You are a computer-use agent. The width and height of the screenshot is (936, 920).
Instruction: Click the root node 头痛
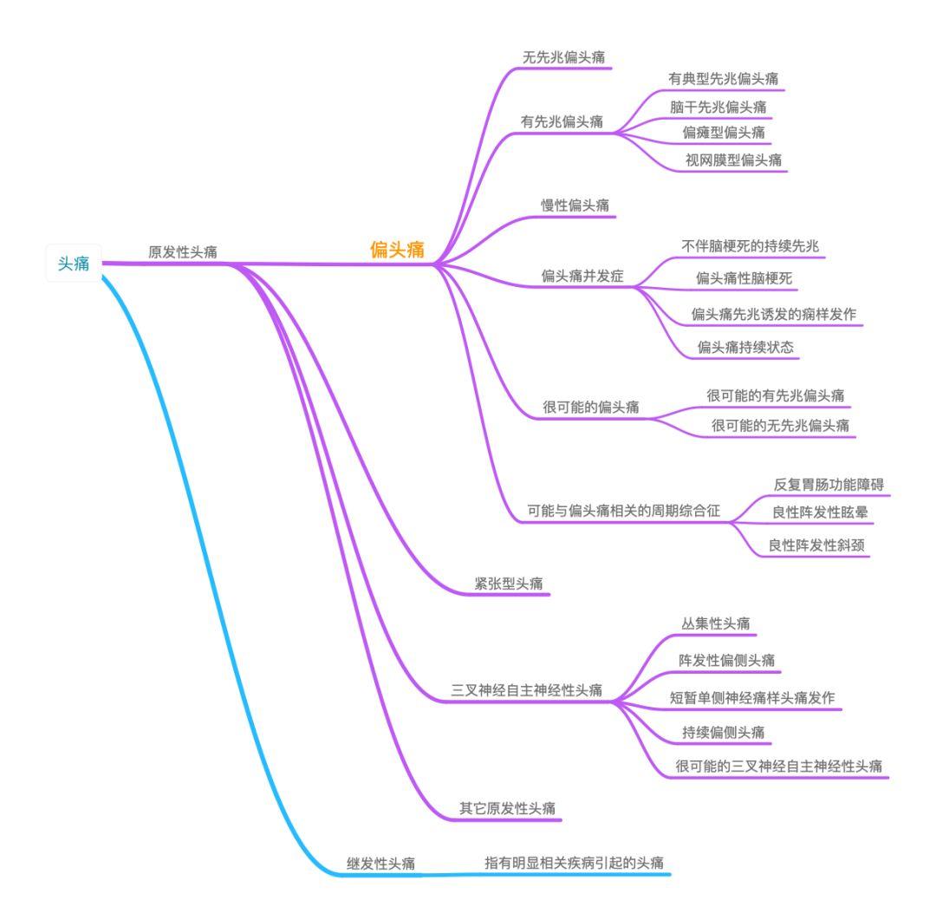pyautogui.click(x=73, y=264)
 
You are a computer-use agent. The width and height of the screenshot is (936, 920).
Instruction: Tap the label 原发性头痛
pyautogui.click(x=183, y=251)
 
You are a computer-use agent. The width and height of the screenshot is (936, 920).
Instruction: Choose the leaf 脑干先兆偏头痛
pyautogui.click(x=718, y=106)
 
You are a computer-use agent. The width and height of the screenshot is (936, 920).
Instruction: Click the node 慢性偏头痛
pyautogui.click(x=575, y=205)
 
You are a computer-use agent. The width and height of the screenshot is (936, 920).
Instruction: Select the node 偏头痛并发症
pyautogui.click(x=582, y=277)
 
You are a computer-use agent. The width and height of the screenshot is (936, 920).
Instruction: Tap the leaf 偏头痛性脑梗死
pyautogui.click(x=744, y=278)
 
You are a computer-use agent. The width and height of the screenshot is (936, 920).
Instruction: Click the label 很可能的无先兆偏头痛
pyautogui.click(x=779, y=425)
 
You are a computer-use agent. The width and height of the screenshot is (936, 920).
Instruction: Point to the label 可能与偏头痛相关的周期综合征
pyautogui.click(x=624, y=511)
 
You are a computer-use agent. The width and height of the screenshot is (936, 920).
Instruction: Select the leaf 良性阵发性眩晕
pyautogui.click(x=820, y=512)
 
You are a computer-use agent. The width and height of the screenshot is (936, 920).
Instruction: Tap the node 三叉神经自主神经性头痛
pyautogui.click(x=526, y=690)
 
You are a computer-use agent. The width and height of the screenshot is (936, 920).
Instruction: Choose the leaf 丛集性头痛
pyautogui.click(x=716, y=623)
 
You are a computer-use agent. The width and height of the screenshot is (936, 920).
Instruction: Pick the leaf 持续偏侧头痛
pyautogui.click(x=723, y=732)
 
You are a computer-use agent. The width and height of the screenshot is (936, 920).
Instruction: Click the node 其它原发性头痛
pyautogui.click(x=508, y=808)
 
